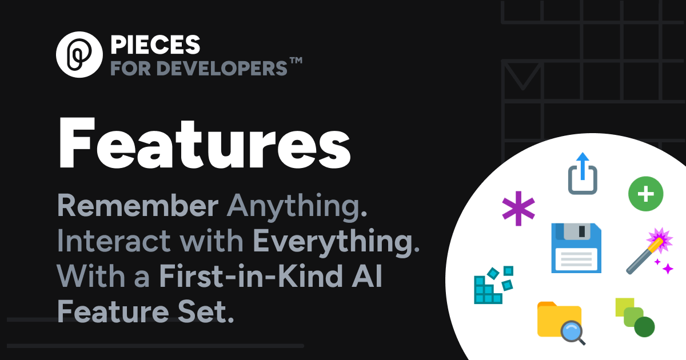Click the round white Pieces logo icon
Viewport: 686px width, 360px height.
click(79, 55)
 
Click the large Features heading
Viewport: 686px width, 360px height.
click(204, 142)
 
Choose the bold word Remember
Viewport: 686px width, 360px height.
click(138, 207)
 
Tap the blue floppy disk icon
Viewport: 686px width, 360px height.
click(576, 247)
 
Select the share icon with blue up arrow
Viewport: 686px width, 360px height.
click(583, 174)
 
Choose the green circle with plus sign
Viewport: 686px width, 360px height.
click(645, 194)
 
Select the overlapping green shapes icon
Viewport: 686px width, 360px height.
click(635, 317)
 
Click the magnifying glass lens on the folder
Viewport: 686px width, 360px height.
click(571, 330)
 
